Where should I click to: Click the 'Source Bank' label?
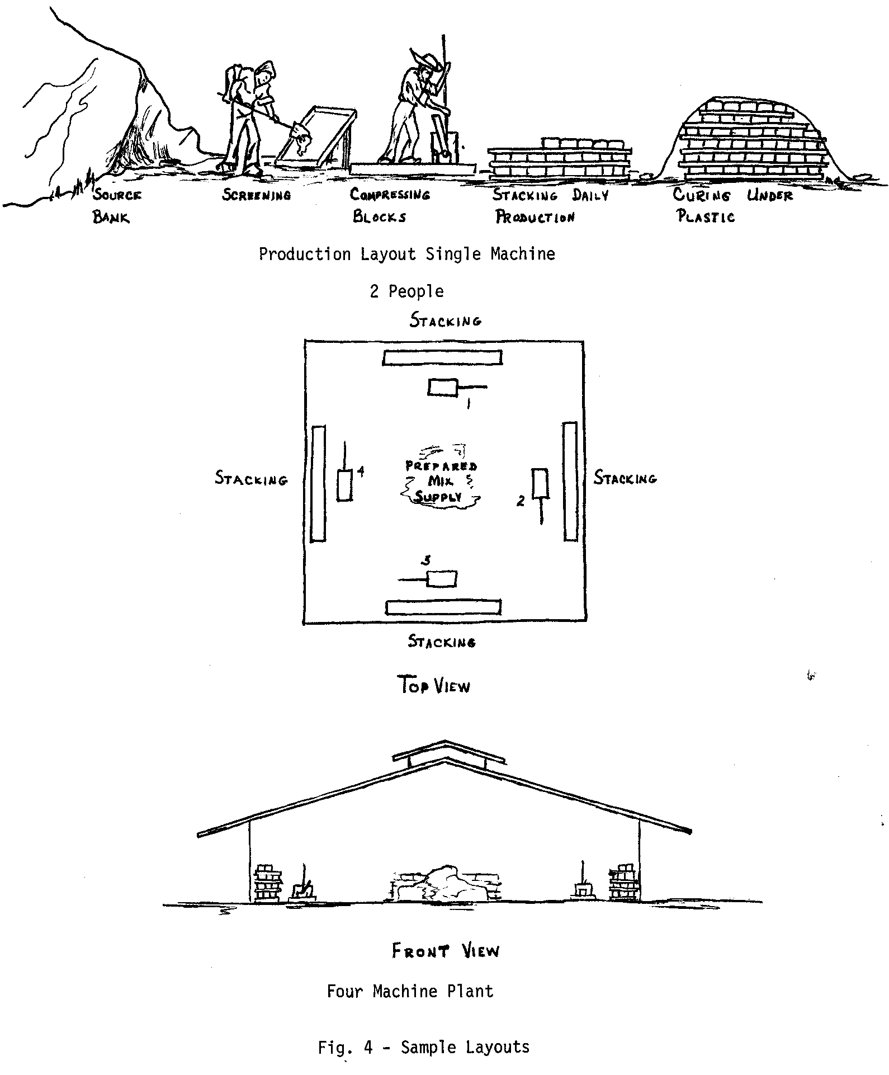[x=117, y=206]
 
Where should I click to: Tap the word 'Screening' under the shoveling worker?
[x=257, y=195]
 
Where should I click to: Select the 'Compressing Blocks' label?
[x=390, y=205]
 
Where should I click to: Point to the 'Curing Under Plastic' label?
[x=732, y=205]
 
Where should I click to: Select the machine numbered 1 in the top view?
[x=443, y=387]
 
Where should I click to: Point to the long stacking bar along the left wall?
[x=318, y=484]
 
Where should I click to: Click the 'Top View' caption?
[x=434, y=685]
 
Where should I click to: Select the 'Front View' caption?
[x=445, y=951]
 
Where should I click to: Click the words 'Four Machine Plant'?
[x=410, y=992]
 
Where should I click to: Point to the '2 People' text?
[x=406, y=291]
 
